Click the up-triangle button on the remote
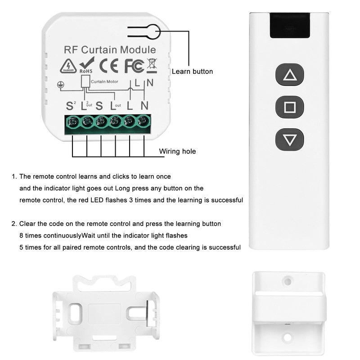[x=289, y=76]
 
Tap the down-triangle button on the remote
[x=289, y=139]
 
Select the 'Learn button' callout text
[x=192, y=72]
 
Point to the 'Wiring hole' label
[x=178, y=151]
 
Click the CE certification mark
[x=109, y=66]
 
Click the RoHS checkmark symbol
[x=86, y=64]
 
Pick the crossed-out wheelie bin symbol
[x=152, y=65]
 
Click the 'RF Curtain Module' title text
[x=110, y=50]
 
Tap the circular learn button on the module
[x=153, y=32]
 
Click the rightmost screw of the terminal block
[x=143, y=121]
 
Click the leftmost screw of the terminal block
[x=72, y=121]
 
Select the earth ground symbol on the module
[x=59, y=85]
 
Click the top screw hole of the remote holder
[x=287, y=281]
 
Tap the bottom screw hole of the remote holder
[x=287, y=336]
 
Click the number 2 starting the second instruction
[x=14, y=224]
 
